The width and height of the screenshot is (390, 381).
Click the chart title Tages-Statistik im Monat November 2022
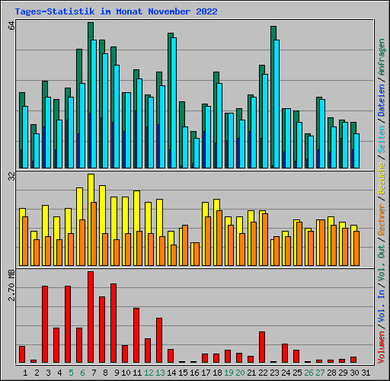(x=116, y=11)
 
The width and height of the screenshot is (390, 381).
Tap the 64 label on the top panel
(x=12, y=26)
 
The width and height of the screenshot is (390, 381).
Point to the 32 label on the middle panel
(x=12, y=176)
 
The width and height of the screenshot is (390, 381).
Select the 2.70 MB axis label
(x=12, y=286)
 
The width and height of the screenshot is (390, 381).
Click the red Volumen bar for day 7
(x=91, y=317)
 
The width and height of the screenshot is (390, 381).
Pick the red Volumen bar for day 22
(x=262, y=347)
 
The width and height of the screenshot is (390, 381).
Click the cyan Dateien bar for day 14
(x=174, y=103)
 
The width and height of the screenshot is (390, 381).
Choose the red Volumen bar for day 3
(x=45, y=324)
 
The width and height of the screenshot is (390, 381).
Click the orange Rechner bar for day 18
(x=219, y=238)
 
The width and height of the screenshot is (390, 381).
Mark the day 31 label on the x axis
(x=366, y=373)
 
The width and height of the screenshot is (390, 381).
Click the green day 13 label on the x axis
(x=160, y=373)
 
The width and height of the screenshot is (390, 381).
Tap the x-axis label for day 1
(x=25, y=373)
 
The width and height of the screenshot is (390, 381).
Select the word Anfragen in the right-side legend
(x=381, y=57)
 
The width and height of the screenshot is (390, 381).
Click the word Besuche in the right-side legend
(x=381, y=178)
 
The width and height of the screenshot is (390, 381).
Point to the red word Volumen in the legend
(x=381, y=347)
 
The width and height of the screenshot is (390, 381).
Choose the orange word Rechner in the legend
(x=381, y=219)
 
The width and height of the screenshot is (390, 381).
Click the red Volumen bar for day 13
(x=159, y=340)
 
